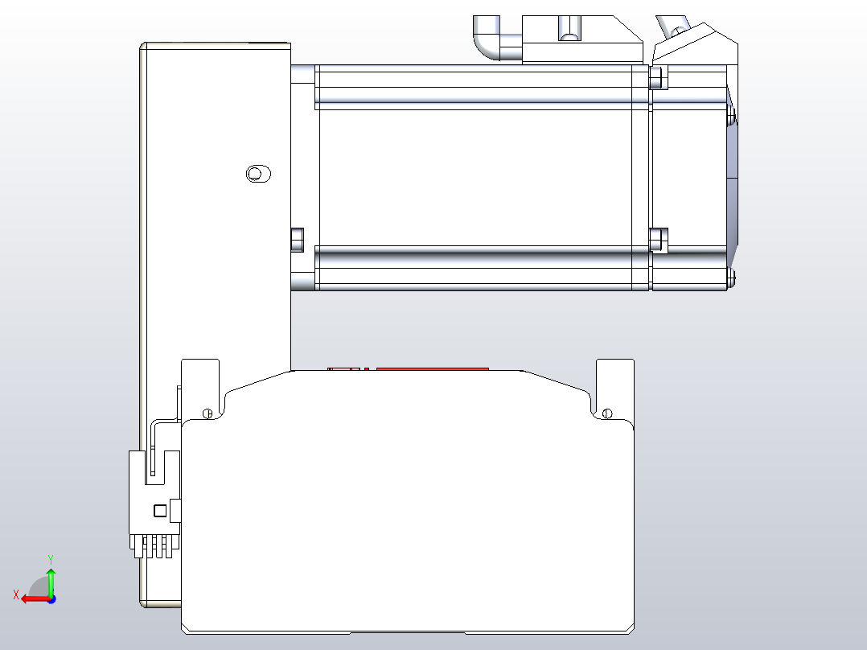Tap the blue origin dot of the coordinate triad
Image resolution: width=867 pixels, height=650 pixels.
tap(51, 599)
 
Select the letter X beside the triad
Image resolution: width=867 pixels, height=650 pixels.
tap(16, 594)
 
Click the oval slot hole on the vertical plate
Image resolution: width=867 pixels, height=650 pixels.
tap(257, 173)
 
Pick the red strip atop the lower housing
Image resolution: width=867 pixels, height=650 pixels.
tap(432, 369)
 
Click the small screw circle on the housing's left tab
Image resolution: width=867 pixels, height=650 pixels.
tap(208, 413)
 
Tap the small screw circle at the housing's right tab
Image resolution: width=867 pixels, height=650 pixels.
tap(607, 413)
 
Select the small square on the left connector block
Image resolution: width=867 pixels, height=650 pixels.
tap(160, 510)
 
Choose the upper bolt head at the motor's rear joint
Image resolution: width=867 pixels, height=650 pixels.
tap(657, 77)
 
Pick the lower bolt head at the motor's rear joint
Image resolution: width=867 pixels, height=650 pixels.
tap(657, 240)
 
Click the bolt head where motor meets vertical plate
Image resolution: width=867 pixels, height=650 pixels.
tap(297, 239)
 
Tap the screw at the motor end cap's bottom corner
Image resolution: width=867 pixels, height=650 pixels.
tap(732, 278)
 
